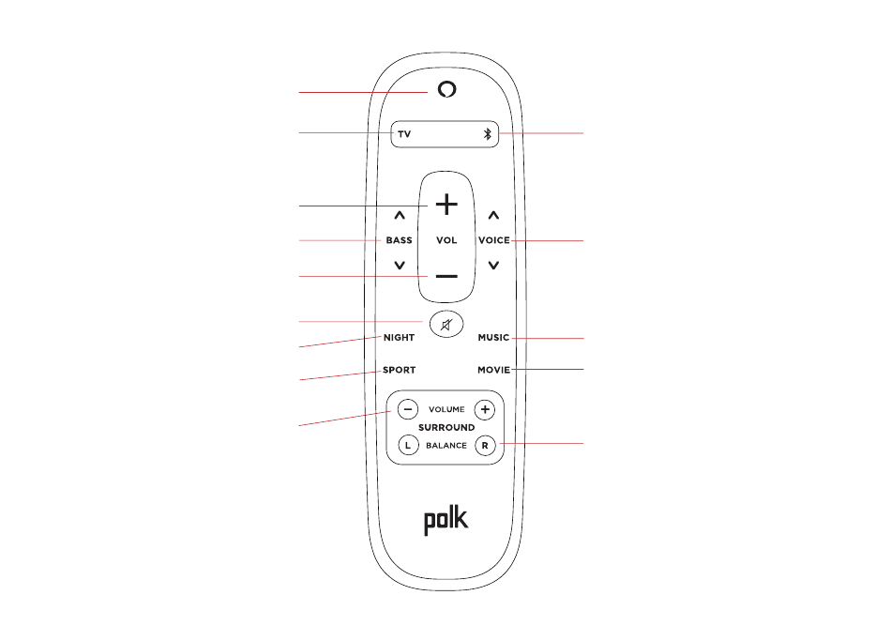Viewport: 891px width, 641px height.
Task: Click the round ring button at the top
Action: (x=446, y=89)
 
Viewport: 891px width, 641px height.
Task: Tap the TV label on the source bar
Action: (x=404, y=134)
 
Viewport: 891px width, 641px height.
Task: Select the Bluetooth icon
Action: (x=487, y=134)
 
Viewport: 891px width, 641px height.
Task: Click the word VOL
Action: (x=446, y=240)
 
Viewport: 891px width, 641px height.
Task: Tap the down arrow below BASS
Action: (x=400, y=266)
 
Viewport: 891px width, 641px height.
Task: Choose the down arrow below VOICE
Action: (x=493, y=266)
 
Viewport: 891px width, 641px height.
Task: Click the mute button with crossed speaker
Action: (x=446, y=325)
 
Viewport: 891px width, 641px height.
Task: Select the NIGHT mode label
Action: (x=399, y=337)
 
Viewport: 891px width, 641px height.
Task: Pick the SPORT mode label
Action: (x=399, y=370)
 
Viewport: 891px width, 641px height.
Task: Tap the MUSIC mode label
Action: (x=493, y=337)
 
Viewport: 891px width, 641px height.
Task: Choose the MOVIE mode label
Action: (x=493, y=370)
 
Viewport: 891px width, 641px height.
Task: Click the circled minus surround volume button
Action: (x=407, y=409)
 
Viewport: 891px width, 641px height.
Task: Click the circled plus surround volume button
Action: (x=484, y=409)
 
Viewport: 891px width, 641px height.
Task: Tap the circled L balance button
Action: (x=407, y=445)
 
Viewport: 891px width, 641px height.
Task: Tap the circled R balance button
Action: (x=484, y=445)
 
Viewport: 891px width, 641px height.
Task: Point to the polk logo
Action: (x=446, y=521)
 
